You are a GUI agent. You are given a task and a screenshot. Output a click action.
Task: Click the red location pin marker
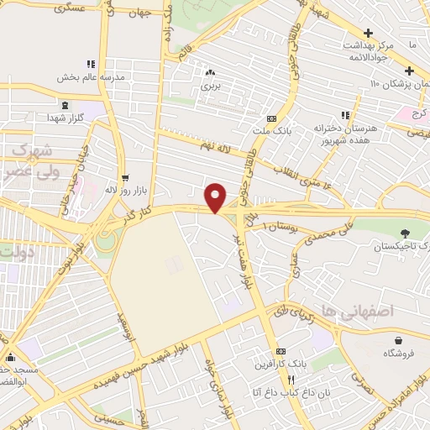[x=217, y=197]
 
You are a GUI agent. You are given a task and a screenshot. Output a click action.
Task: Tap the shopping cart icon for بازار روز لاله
[x=125, y=178]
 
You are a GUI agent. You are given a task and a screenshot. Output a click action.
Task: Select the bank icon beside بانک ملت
[x=270, y=118]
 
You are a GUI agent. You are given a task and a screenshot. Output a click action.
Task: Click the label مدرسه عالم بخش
[x=90, y=77]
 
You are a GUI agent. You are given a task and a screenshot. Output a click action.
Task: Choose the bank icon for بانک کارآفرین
[x=281, y=351]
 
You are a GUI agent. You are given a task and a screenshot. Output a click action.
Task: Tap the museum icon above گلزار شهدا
[x=65, y=105]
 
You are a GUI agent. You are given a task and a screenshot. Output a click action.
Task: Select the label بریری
[x=210, y=87]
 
